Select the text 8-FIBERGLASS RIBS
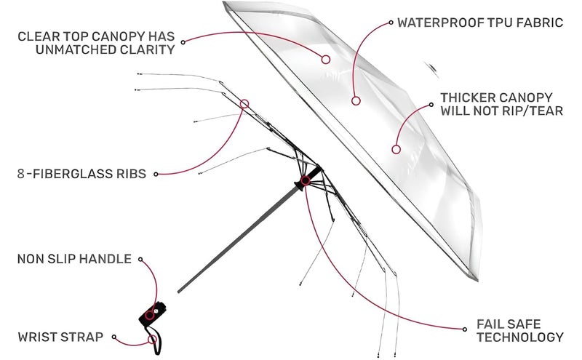click(x=81, y=174)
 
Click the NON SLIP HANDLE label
click(x=74, y=259)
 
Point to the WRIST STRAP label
click(x=60, y=337)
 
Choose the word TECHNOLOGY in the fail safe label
click(x=520, y=337)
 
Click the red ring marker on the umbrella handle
click(x=149, y=316)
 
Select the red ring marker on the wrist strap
click(x=152, y=339)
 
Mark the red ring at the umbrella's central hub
click(x=305, y=181)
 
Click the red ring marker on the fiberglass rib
click(x=244, y=104)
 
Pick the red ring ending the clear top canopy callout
click(x=326, y=60)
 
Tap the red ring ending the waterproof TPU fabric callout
click(x=356, y=100)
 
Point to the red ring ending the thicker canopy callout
click(x=396, y=150)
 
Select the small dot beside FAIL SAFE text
click(x=465, y=329)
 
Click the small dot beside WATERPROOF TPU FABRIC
click(x=391, y=23)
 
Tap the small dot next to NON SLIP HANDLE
click(x=140, y=260)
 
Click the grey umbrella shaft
click(x=239, y=240)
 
